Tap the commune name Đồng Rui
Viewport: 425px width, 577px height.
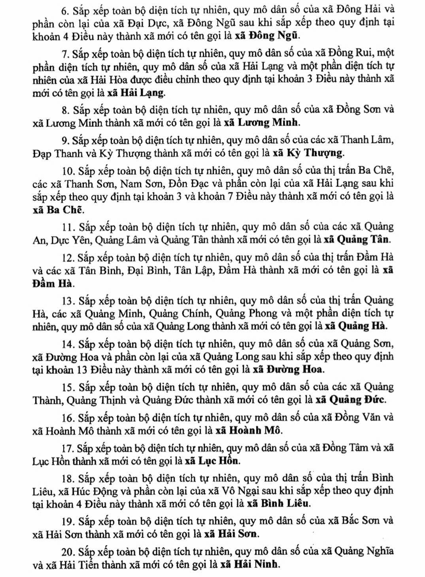coord(355,53)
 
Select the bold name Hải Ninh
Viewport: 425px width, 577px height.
coord(257,564)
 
